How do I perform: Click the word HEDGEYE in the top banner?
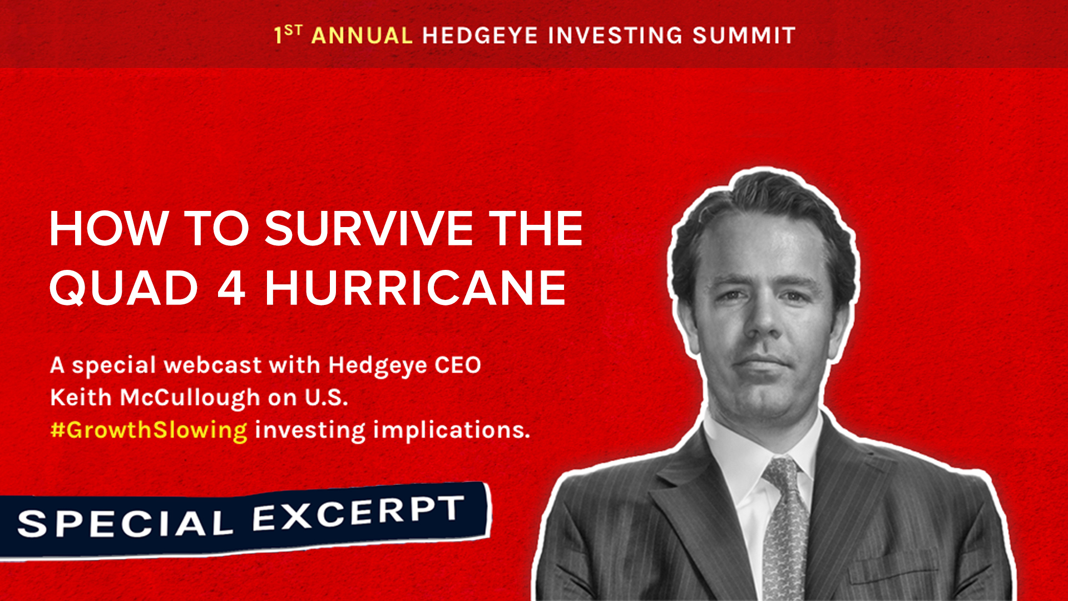480,36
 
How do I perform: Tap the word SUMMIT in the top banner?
744,36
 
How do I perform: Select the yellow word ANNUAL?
362,36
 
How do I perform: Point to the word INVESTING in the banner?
615,36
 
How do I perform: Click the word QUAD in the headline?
124,288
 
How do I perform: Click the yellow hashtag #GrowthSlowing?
149,430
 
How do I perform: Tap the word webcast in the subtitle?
212,365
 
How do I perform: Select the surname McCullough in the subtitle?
190,398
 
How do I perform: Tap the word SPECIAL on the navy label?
125,523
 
